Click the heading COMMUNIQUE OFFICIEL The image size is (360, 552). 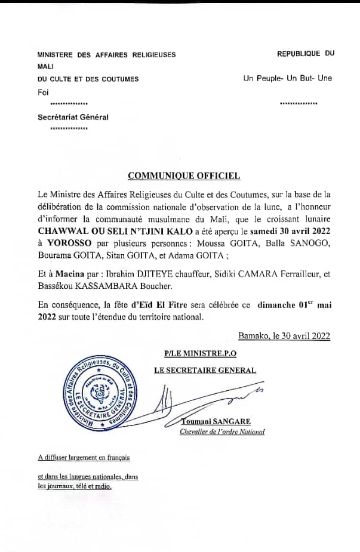click(x=184, y=175)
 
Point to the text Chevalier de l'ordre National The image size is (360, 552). click(x=222, y=431)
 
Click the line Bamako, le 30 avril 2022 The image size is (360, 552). click(x=284, y=336)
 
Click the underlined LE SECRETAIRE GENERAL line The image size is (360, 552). click(x=205, y=370)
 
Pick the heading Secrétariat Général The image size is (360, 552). click(x=73, y=118)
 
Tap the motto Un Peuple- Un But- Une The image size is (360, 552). click(x=288, y=78)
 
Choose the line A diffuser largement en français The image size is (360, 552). click(x=83, y=458)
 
